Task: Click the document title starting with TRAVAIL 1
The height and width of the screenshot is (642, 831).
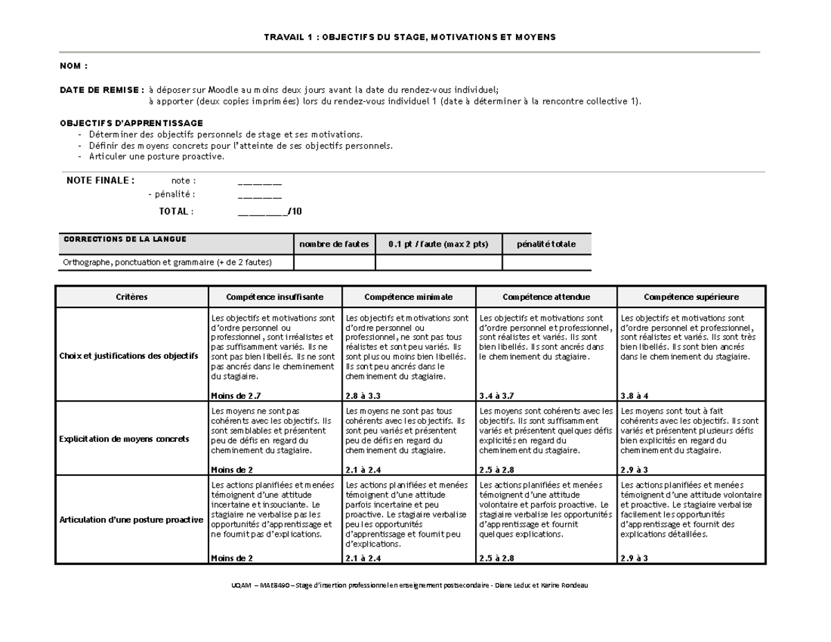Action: pyautogui.click(x=410, y=36)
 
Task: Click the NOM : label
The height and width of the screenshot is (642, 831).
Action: pyautogui.click(x=73, y=66)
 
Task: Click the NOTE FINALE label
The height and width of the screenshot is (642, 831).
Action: pyautogui.click(x=100, y=181)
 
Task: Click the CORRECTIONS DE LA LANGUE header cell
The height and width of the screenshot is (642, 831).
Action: pyautogui.click(x=125, y=240)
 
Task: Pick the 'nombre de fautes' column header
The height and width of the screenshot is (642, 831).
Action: pyautogui.click(x=334, y=244)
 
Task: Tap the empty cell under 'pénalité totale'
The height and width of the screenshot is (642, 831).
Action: pyautogui.click(x=546, y=262)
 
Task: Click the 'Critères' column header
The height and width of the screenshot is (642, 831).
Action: pyautogui.click(x=132, y=297)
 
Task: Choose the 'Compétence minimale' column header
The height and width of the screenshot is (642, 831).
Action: pyautogui.click(x=410, y=297)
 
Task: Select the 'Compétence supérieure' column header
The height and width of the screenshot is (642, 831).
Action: pyautogui.click(x=691, y=297)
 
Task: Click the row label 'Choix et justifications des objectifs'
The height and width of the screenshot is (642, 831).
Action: pyautogui.click(x=129, y=356)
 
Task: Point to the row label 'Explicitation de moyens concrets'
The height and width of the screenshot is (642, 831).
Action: pyautogui.click(x=124, y=439)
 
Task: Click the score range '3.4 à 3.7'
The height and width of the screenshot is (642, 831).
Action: pyautogui.click(x=497, y=395)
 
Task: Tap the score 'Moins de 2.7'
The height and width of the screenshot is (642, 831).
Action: pyautogui.click(x=236, y=395)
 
